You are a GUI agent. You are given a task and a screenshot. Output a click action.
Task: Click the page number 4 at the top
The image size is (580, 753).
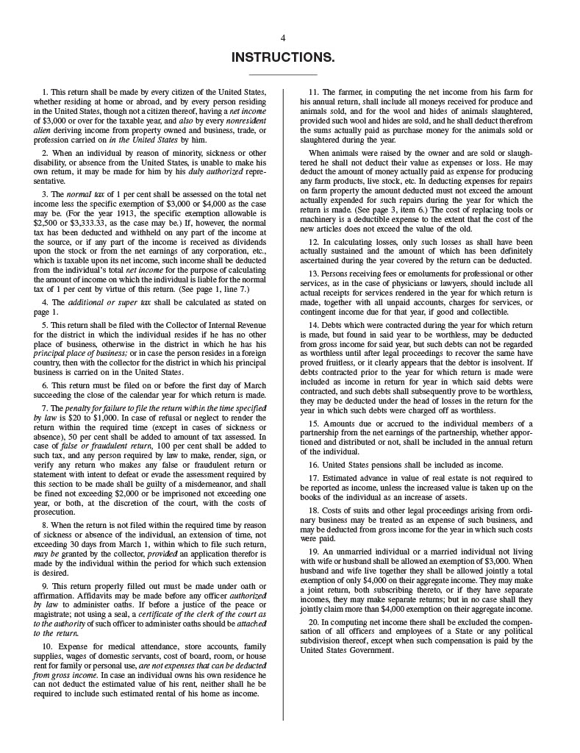(283, 38)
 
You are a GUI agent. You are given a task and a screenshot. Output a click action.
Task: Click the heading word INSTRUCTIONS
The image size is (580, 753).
(283, 57)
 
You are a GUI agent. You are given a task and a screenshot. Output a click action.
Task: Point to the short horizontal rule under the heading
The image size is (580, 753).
(283, 74)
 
